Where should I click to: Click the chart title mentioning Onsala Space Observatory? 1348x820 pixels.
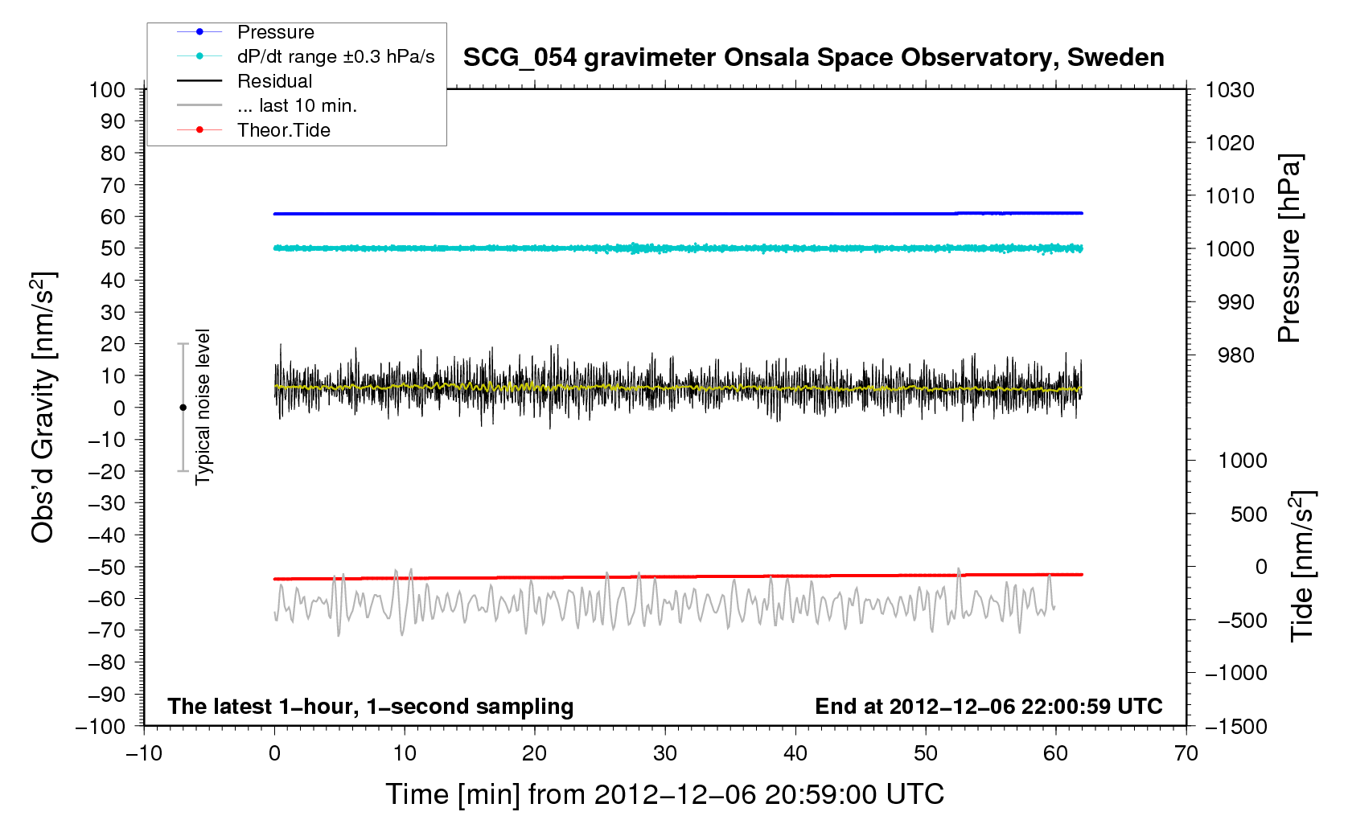813,58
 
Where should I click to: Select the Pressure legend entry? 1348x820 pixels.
275,32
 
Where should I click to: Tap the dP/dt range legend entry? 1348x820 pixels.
335,56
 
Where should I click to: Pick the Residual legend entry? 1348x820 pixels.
274,81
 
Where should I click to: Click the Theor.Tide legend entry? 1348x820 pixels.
283,130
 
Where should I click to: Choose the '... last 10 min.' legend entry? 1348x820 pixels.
297,105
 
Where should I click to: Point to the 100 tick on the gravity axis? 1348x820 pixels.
108,89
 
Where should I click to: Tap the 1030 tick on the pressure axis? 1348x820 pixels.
1230,90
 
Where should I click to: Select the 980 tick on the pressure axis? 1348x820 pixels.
1230,355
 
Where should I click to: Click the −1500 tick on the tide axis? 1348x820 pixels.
1235,726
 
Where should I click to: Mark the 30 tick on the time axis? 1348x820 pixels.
665,753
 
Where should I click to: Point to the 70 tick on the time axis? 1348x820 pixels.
1186,753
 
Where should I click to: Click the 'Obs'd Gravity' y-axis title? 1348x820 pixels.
43,408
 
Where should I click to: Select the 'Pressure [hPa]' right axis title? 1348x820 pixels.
1288,248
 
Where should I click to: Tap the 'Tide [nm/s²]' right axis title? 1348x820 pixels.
1301,566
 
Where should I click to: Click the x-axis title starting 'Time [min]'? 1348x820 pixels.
664,794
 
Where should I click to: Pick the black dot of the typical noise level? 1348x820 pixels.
183,408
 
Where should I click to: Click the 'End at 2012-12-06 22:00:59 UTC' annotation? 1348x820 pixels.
988,707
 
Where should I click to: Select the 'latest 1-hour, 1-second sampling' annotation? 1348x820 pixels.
370,707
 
